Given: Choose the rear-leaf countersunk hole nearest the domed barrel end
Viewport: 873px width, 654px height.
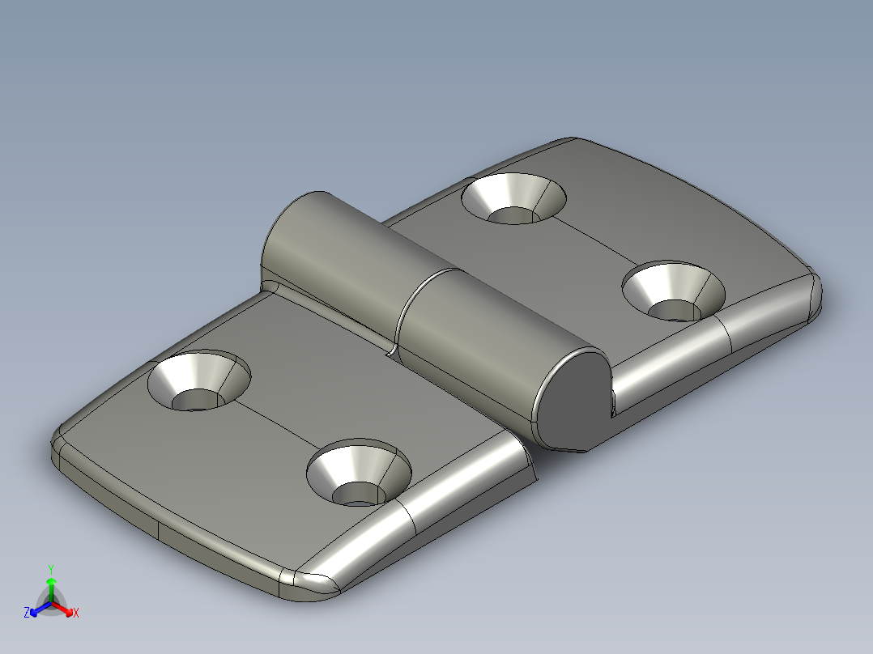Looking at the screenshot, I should tap(513, 198).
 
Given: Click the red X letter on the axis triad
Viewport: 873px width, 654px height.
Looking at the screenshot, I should tap(75, 613).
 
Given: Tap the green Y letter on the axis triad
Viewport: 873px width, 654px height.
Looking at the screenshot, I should tap(50, 569).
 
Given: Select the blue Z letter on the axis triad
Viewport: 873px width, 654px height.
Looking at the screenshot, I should tap(27, 613).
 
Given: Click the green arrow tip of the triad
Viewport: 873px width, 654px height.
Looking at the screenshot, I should tap(50, 581).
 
